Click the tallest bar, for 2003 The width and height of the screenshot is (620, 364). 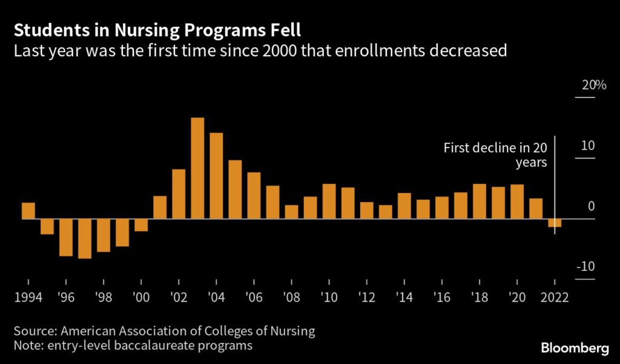197,168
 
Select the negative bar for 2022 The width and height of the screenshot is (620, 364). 555,223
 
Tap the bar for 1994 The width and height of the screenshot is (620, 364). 28,210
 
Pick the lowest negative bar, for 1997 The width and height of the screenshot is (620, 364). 85,238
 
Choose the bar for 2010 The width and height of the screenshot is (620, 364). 329,201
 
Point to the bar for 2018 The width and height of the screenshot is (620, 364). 479,201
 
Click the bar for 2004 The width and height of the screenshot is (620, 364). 216,175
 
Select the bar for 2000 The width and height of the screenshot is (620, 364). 141,225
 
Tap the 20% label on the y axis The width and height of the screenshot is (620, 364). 594,85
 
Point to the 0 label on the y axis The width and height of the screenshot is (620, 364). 591,207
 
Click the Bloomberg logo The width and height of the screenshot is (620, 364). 574,349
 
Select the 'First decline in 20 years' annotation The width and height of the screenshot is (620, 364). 495,155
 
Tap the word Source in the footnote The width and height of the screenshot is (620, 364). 35,331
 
